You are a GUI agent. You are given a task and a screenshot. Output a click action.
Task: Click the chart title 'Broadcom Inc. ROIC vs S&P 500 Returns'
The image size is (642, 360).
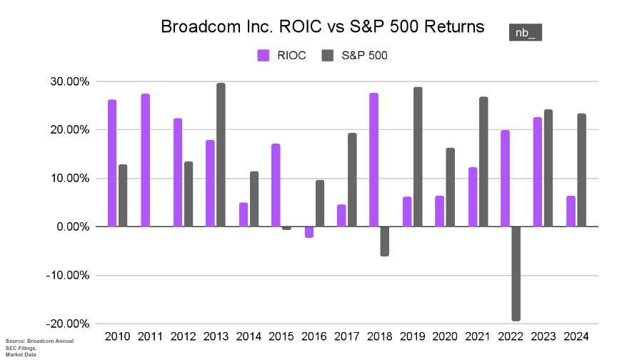tap(323, 27)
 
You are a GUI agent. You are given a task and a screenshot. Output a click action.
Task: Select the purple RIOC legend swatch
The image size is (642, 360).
tap(263, 55)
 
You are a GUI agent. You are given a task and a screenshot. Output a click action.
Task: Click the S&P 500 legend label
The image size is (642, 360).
tap(364, 55)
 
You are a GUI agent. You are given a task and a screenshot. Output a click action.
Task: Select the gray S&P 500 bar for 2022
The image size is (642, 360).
tap(516, 274)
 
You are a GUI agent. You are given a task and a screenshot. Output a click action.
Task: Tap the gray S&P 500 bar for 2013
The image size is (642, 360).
tap(221, 155)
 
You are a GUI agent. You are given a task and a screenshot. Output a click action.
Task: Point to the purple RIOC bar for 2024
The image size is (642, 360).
tap(570, 211)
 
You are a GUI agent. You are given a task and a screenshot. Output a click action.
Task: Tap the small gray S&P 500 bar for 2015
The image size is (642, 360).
tap(286, 228)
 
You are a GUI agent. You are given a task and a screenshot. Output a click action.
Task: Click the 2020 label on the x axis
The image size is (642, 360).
tap(444, 336)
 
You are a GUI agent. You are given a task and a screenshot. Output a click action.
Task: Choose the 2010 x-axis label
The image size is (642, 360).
tap(117, 336)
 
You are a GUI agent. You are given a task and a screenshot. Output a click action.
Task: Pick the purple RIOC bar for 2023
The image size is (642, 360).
tap(537, 172)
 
